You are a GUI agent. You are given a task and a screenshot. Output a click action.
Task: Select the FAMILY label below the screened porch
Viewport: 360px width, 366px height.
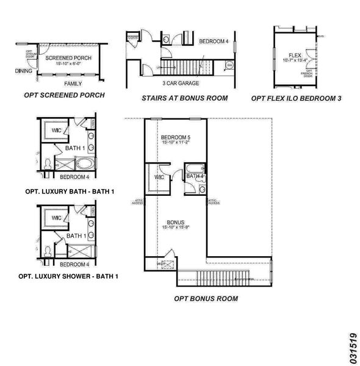(x=73, y=83)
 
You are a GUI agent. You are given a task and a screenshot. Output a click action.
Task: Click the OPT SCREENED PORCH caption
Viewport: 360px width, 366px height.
(x=64, y=95)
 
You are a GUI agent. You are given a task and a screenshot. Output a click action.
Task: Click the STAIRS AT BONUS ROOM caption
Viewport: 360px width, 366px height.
(x=184, y=98)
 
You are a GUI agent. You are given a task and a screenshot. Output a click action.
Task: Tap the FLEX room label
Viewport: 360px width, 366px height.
(x=295, y=54)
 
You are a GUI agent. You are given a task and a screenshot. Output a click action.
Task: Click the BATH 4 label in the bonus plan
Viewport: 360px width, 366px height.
(x=195, y=176)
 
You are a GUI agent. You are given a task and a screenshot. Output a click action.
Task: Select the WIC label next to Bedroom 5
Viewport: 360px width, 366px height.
(x=160, y=177)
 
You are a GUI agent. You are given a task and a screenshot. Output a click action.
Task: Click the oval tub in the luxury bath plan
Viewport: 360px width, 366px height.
(x=84, y=163)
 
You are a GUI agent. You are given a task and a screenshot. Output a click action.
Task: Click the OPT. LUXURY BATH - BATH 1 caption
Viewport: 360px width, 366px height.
(x=70, y=191)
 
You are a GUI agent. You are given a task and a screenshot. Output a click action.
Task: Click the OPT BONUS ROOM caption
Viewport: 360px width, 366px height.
(x=206, y=298)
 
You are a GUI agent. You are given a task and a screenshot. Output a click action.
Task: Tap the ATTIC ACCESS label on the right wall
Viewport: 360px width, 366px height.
(x=213, y=201)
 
